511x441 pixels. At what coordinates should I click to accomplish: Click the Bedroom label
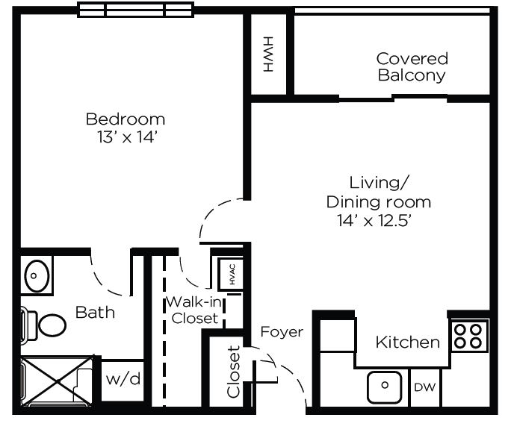(x=126, y=119)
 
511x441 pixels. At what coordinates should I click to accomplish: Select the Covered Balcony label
(x=412, y=67)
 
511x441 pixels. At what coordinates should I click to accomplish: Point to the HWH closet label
(x=268, y=54)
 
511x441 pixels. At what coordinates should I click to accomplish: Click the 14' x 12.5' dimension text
(x=374, y=221)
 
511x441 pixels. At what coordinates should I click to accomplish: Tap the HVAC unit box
(x=231, y=274)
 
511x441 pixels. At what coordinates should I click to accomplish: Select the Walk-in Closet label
(x=194, y=310)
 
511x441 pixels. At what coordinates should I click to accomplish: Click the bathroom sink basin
(x=37, y=275)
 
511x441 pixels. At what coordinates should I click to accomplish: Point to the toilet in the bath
(x=43, y=325)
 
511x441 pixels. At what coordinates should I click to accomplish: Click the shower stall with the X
(x=57, y=381)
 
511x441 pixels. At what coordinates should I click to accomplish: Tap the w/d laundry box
(x=123, y=380)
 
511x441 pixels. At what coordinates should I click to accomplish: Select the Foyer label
(x=282, y=332)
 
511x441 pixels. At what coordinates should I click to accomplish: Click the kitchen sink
(x=385, y=386)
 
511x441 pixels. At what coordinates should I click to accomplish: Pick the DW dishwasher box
(x=424, y=387)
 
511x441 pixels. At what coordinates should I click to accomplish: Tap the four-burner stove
(x=469, y=337)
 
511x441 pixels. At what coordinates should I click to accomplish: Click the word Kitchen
(x=408, y=343)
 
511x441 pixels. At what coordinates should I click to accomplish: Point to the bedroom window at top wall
(x=135, y=10)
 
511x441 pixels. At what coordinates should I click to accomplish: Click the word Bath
(x=95, y=313)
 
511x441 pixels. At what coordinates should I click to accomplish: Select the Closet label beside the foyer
(x=233, y=372)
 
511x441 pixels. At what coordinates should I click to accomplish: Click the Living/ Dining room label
(x=379, y=193)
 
